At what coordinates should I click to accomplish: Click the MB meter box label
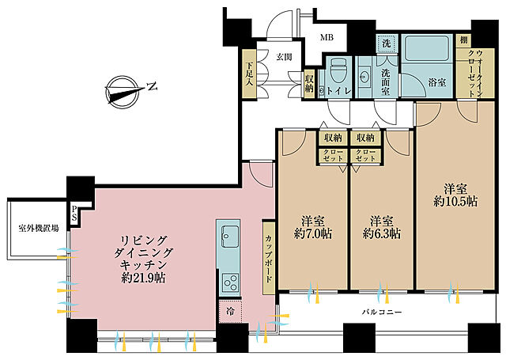click(327, 37)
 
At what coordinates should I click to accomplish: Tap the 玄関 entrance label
click(284, 57)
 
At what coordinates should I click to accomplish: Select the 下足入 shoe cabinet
click(249, 74)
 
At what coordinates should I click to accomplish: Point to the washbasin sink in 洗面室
click(364, 77)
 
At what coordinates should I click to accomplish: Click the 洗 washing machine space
click(387, 43)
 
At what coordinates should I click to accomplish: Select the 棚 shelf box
click(463, 40)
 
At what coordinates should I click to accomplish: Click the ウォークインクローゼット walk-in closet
click(475, 74)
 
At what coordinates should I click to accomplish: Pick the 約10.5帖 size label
click(455, 202)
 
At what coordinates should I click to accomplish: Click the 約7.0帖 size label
click(313, 233)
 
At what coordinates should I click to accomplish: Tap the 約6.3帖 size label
click(382, 233)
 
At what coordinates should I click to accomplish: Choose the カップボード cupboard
click(269, 258)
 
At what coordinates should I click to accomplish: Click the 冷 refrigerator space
click(230, 311)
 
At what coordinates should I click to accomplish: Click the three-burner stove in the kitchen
click(230, 282)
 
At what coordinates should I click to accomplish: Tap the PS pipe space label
click(74, 213)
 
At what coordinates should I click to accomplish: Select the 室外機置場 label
click(39, 229)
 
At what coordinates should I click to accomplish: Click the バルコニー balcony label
click(382, 313)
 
